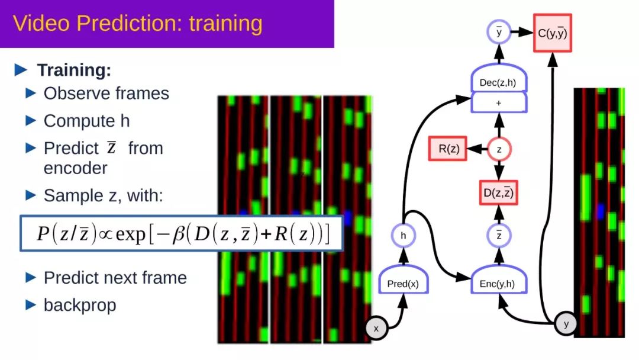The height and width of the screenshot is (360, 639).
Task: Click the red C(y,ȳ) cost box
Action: (552, 33)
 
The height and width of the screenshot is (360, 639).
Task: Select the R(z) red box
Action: (447, 149)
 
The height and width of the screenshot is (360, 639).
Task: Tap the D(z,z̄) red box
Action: (498, 192)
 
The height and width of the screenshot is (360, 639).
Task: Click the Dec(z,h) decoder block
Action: (498, 78)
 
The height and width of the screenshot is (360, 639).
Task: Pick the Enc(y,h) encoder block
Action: (498, 279)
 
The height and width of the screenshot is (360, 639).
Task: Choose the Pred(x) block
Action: (403, 279)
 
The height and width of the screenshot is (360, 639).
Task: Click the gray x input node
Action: (376, 328)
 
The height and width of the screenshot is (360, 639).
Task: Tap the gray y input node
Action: (566, 324)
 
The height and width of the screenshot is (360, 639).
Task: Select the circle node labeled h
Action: (403, 235)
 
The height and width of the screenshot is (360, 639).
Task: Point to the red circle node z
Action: (499, 149)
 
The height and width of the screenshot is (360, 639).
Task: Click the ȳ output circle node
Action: (499, 32)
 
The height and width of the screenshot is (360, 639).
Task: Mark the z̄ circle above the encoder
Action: (499, 235)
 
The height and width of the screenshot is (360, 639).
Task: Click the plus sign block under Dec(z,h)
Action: (498, 102)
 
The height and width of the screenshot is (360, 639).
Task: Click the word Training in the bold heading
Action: (74, 70)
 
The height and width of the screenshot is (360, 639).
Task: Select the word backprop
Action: (80, 306)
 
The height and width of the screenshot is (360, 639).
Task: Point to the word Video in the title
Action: (41, 23)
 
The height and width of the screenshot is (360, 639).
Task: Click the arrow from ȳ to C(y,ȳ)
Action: (522, 32)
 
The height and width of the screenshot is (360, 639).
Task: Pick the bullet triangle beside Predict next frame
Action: (31, 278)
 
